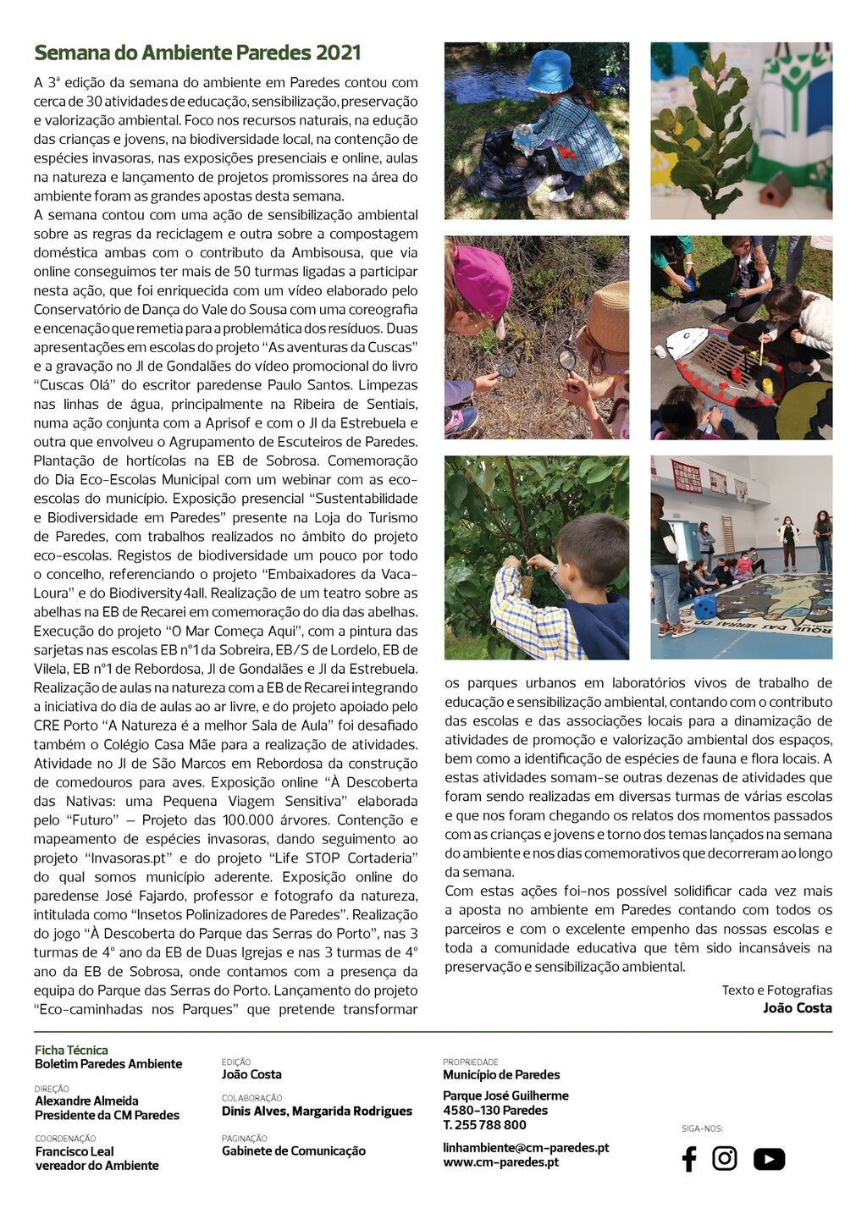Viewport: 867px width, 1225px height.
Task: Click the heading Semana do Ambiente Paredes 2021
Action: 197,52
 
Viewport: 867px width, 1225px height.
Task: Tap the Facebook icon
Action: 689,1159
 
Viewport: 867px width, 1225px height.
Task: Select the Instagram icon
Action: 724,1158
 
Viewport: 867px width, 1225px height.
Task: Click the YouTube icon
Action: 769,1159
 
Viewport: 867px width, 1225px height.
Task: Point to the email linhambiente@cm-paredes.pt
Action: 526,1148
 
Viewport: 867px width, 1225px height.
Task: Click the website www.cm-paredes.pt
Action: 500,1162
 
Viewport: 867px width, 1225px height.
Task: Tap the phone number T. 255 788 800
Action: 484,1125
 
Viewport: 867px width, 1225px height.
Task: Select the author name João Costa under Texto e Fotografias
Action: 797,1007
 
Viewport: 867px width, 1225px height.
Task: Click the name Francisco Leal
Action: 75,1151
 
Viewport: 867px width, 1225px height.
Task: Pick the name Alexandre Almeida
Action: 86,1101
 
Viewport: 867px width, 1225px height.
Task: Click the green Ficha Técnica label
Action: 71,1050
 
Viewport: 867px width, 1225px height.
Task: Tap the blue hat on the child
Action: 549,71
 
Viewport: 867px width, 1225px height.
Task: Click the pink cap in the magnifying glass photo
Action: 481,279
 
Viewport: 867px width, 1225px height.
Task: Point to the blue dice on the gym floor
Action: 704,606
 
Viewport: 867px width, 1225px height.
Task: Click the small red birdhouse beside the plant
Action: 775,191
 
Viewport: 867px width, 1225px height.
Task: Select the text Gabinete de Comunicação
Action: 294,1151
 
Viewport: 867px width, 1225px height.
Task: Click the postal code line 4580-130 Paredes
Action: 495,1110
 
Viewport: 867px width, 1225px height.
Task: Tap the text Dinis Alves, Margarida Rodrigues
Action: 317,1112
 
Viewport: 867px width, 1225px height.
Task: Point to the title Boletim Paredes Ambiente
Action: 108,1064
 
